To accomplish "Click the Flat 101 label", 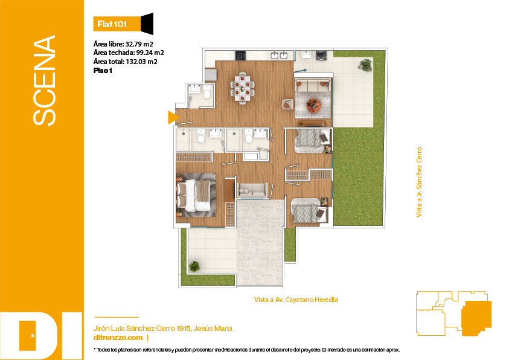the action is coord(112,24).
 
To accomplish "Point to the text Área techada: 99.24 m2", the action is coord(129,53).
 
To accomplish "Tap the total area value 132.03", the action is coord(136,62).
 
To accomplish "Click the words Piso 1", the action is coord(103,71).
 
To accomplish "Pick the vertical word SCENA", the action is coord(45,80).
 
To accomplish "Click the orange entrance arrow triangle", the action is coord(173,117).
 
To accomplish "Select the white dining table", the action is coord(242,88).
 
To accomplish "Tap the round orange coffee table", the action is coord(313,106).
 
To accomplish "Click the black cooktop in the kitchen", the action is coord(240,55).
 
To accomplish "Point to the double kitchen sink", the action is coord(279,55).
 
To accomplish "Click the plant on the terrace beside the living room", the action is coord(365,65).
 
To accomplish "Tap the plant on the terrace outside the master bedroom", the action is coord(194,266).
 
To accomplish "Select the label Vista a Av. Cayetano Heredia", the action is coord(296,300).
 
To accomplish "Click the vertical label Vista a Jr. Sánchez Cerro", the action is coord(419,182).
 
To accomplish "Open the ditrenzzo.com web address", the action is coord(118,338).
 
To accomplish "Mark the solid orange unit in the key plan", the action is coord(476,318).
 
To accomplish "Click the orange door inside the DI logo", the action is coord(27,336).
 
